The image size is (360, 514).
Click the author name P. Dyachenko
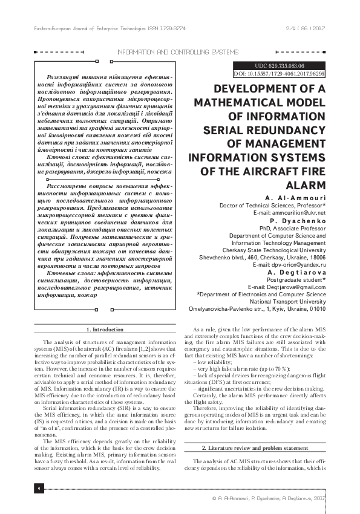[303, 222]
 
